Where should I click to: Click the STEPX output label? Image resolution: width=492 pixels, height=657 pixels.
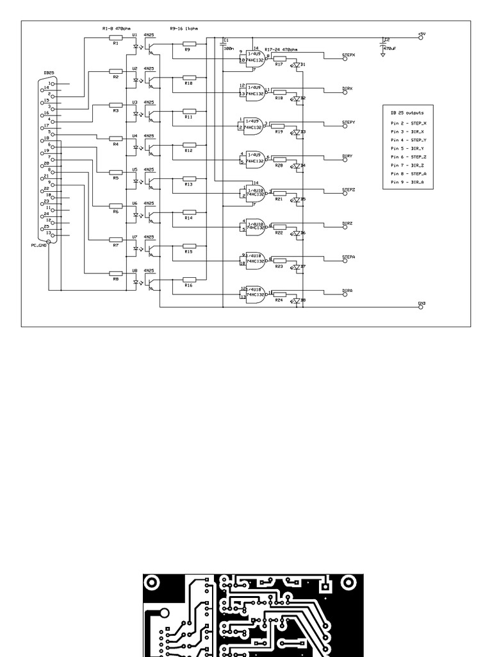point(348,55)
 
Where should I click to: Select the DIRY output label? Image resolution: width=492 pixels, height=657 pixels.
point(347,156)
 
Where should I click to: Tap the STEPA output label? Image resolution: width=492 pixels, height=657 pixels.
point(348,257)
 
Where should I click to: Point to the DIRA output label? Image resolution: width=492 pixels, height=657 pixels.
point(347,291)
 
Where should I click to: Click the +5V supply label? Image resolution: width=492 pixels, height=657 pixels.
point(421,33)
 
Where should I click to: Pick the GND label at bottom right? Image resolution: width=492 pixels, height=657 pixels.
point(421,303)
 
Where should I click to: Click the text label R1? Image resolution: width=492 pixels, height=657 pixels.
point(115,44)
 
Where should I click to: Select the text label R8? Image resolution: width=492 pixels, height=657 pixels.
point(115,279)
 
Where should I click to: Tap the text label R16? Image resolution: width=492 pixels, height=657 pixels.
point(188,286)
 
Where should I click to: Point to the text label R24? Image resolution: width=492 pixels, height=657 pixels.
point(279,300)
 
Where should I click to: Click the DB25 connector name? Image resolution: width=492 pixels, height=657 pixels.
point(48,73)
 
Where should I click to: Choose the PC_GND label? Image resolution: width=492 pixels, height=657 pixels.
point(39,245)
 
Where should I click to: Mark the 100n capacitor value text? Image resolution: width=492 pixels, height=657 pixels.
point(228,48)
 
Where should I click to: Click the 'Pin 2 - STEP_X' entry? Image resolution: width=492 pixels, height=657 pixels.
point(408,123)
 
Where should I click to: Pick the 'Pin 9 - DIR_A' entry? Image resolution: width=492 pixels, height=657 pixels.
point(407,182)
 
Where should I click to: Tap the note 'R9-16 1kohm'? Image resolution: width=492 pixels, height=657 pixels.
point(184,28)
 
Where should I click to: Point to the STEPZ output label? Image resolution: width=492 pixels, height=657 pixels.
point(348,190)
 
